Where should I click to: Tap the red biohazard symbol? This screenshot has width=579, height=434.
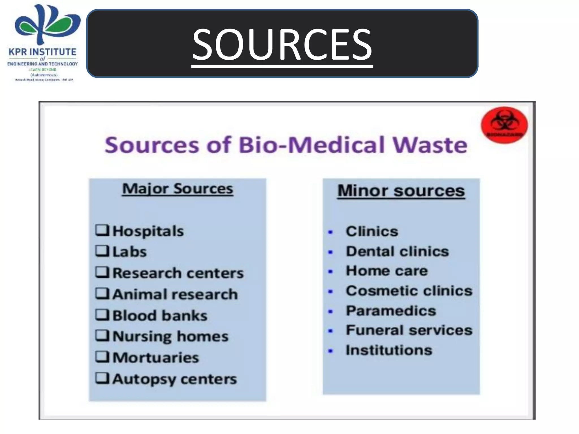[x=504, y=125]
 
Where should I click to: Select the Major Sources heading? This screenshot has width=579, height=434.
[x=178, y=189]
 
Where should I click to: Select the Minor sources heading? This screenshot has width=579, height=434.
[x=401, y=191]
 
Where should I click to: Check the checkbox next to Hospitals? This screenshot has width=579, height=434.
[x=102, y=230]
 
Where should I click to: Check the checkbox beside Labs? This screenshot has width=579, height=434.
[x=102, y=251]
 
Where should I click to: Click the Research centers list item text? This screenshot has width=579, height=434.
[x=178, y=273]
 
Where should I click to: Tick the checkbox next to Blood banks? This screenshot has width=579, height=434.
[x=102, y=315]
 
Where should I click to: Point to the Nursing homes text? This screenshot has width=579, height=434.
[x=170, y=336]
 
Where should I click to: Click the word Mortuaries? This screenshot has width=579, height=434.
[x=156, y=357]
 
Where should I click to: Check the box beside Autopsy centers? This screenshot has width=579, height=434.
[x=102, y=378]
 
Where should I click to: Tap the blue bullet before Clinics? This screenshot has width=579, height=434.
[x=330, y=232]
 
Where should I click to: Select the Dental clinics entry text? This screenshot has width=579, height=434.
[x=397, y=251]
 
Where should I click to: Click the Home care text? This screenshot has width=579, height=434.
[x=387, y=271]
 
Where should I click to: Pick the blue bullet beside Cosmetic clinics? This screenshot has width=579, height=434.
[x=330, y=292]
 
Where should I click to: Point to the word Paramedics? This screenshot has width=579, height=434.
[x=391, y=311]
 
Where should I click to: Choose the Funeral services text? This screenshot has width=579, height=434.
[x=409, y=330]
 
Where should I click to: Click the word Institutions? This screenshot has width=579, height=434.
[x=389, y=350]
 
